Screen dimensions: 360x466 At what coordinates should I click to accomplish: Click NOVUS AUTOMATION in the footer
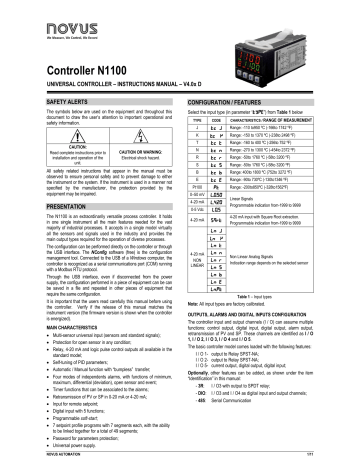31,457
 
